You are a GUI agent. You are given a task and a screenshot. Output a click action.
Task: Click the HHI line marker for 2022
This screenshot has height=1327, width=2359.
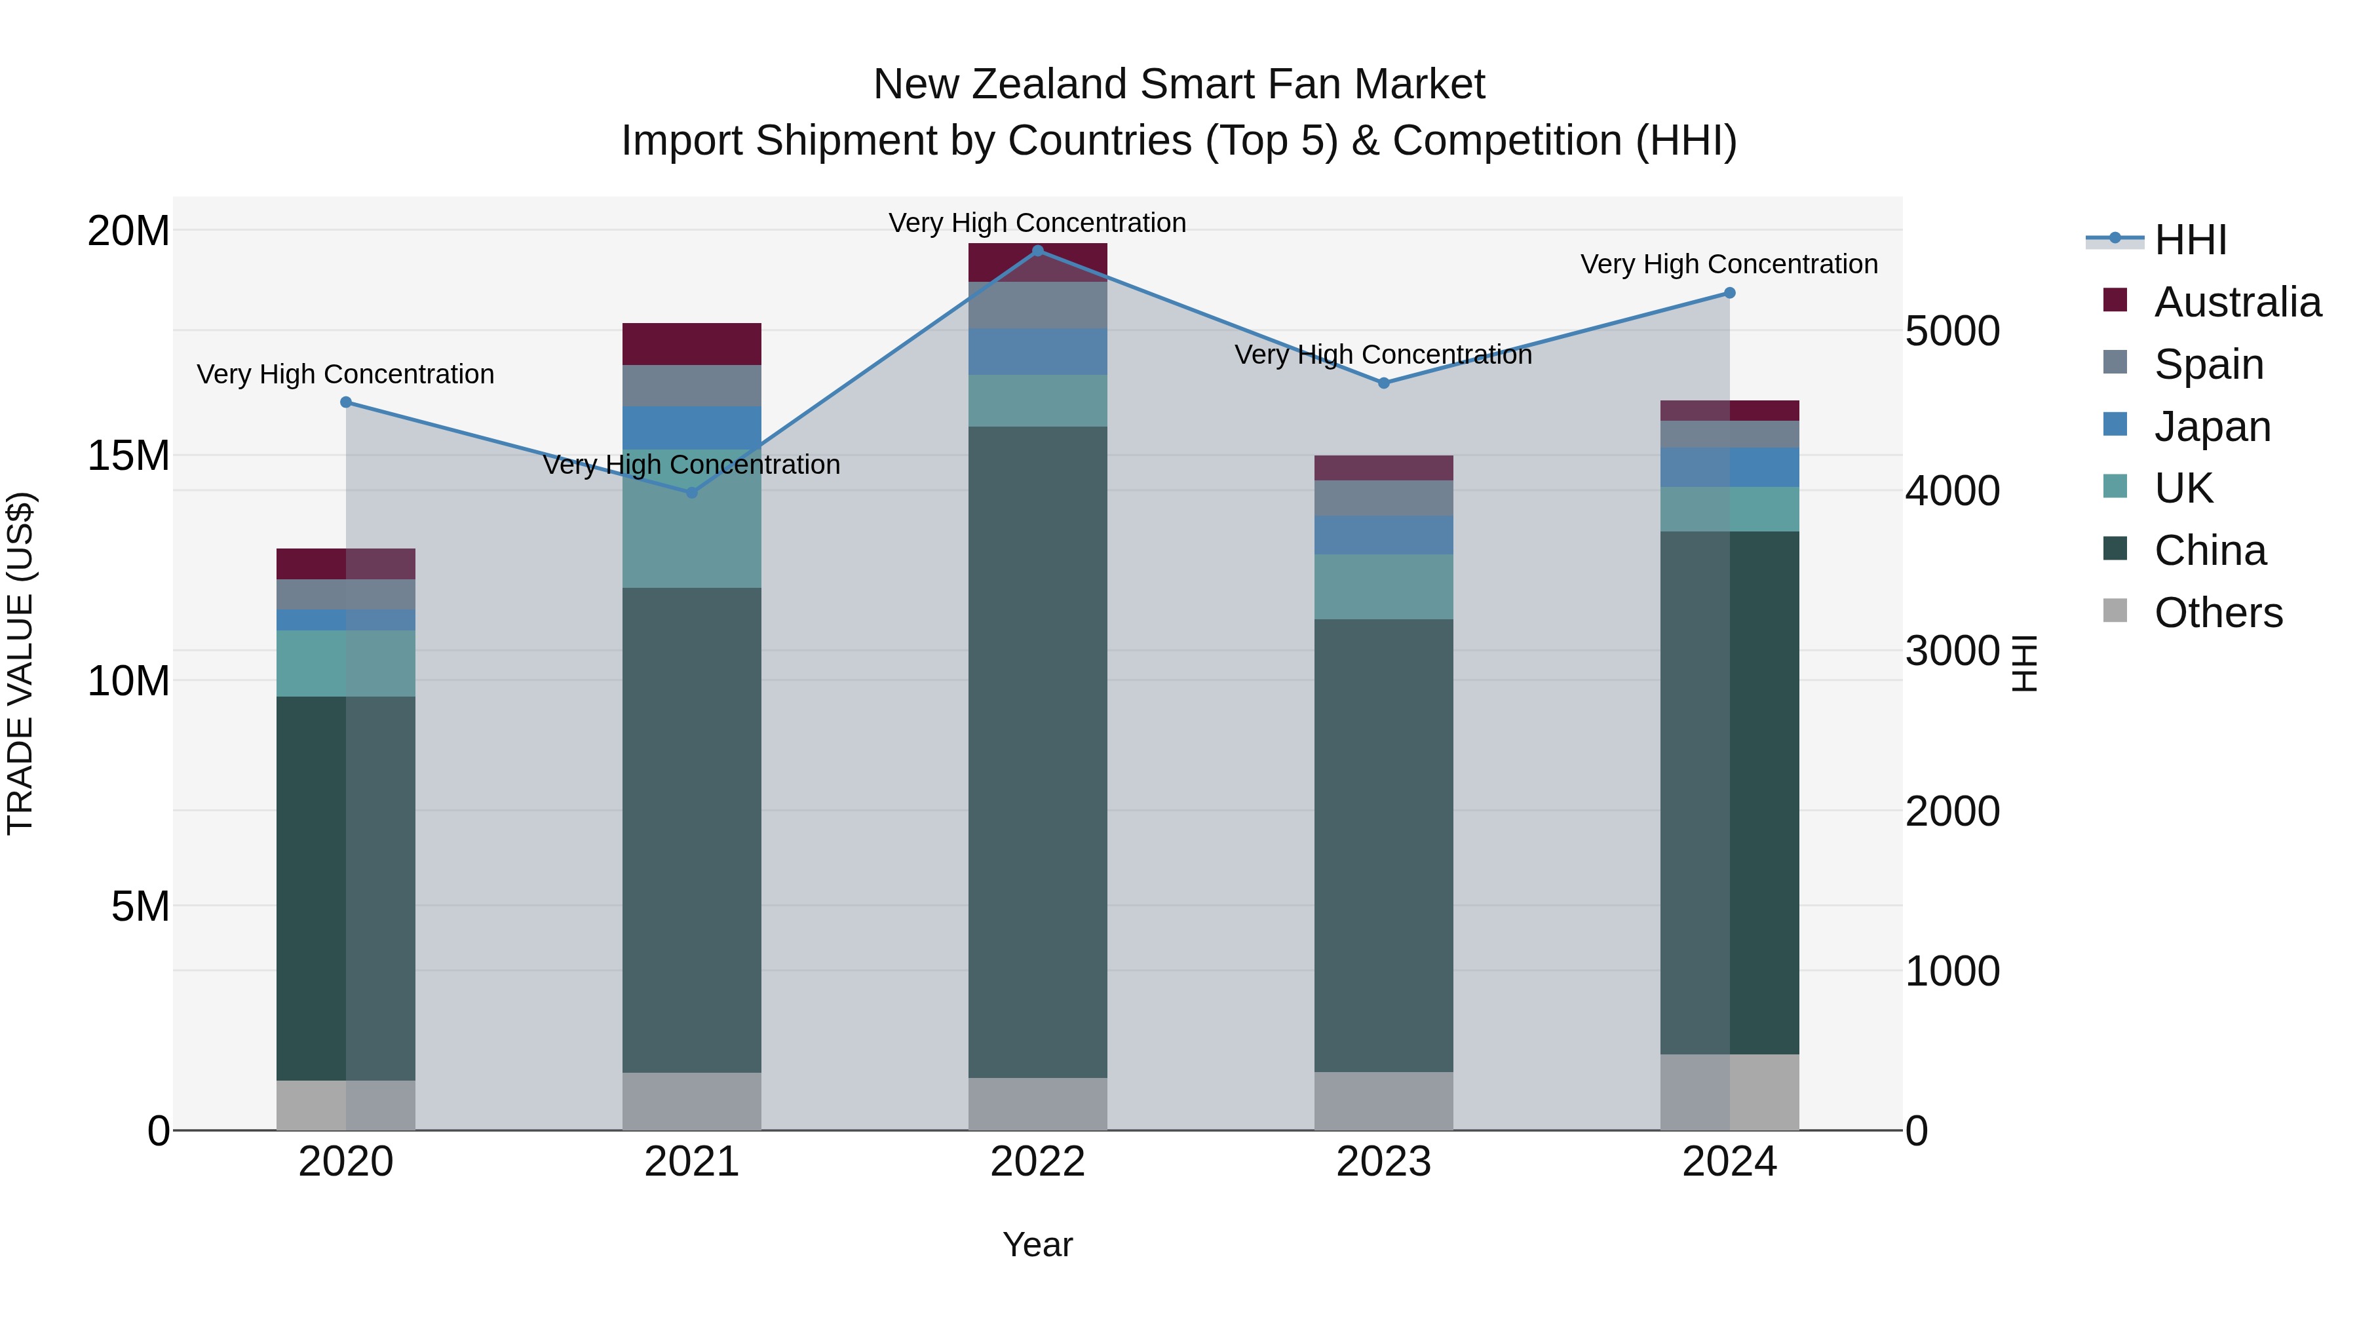tap(1037, 250)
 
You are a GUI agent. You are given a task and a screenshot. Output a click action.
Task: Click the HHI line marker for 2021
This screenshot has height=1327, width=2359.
tap(691, 493)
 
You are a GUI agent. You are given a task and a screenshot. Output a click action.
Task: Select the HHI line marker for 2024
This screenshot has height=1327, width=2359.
tap(1729, 293)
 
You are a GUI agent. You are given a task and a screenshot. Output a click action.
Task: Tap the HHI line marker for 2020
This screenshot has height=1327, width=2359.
tap(346, 402)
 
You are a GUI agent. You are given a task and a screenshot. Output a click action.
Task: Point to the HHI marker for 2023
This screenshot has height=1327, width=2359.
tap(1384, 383)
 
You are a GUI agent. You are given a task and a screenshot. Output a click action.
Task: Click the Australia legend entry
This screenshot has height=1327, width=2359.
tap(2237, 302)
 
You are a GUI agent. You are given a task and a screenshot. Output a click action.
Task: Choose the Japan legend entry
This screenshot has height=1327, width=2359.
tap(2212, 427)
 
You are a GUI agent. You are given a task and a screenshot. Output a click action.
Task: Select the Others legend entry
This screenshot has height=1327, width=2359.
tap(2218, 613)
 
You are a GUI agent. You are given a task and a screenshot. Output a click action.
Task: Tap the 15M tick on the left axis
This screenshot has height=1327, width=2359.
tap(128, 455)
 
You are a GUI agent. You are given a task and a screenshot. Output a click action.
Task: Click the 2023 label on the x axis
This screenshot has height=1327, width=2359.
tap(1384, 1162)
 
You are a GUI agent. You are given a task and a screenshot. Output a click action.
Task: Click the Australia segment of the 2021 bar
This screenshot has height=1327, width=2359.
tap(691, 344)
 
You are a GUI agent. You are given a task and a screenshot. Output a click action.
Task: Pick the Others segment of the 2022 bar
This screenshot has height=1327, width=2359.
tap(1037, 1104)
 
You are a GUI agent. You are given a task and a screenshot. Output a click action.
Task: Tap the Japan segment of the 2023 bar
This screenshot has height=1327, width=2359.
tap(1384, 535)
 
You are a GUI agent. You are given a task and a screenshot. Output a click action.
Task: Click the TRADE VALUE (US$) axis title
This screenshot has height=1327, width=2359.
tap(20, 663)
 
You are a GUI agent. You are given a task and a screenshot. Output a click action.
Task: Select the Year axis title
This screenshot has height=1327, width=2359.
tap(1037, 1244)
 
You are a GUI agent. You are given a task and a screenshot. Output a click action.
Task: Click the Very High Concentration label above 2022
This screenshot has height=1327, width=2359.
tap(1037, 223)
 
